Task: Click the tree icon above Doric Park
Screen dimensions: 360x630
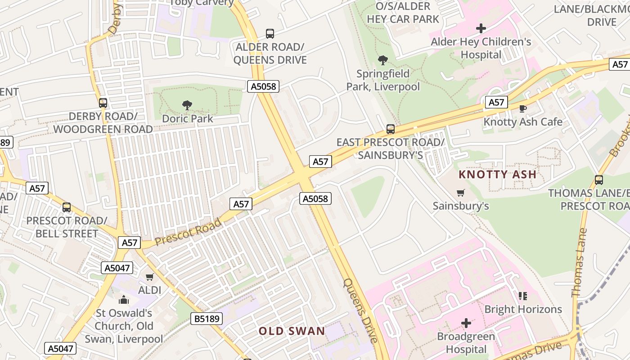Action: tap(187, 105)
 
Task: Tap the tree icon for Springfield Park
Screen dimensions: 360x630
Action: tap(383, 60)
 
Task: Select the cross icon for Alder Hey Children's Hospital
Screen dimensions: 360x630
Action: tap(481, 29)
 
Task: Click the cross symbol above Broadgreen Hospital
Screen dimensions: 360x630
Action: tap(466, 323)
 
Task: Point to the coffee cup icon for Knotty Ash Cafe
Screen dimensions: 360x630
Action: tap(522, 108)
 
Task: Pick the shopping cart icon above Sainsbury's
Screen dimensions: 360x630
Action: tap(460, 193)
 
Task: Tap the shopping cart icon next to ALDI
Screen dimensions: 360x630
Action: tap(149, 277)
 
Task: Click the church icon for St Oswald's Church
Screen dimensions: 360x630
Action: tap(124, 300)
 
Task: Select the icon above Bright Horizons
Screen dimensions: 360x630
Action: tap(522, 296)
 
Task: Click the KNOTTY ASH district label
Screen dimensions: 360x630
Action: tap(497, 174)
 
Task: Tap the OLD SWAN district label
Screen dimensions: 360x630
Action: tap(292, 331)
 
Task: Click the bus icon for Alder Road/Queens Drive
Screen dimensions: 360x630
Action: tap(270, 34)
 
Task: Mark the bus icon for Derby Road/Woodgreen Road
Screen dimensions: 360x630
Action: tap(103, 103)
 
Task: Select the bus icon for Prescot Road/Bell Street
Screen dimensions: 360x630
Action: tap(67, 207)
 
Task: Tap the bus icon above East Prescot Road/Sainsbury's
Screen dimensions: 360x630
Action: tap(391, 129)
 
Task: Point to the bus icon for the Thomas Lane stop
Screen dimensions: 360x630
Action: tap(599, 180)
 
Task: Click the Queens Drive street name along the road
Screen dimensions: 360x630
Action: tap(360, 310)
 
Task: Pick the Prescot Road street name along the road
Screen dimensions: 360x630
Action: tap(188, 232)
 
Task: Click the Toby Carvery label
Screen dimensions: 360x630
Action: tap(201, 3)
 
